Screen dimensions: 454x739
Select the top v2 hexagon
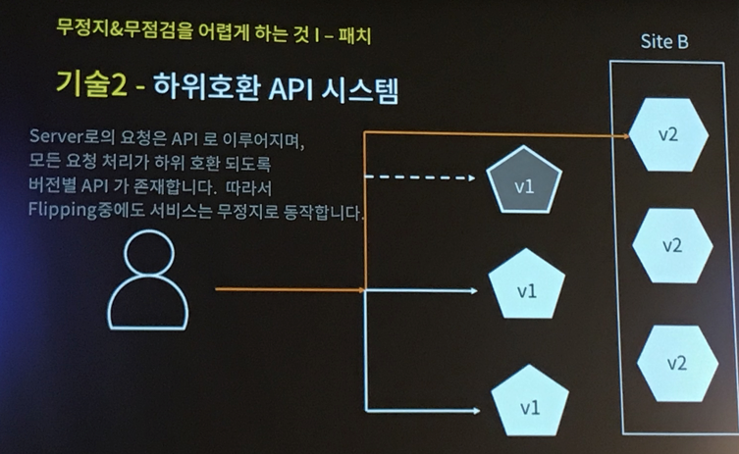coord(668,133)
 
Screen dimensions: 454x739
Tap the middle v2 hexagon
coord(672,245)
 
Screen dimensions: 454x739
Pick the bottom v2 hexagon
coord(676,362)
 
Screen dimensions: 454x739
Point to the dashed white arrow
coord(422,177)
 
